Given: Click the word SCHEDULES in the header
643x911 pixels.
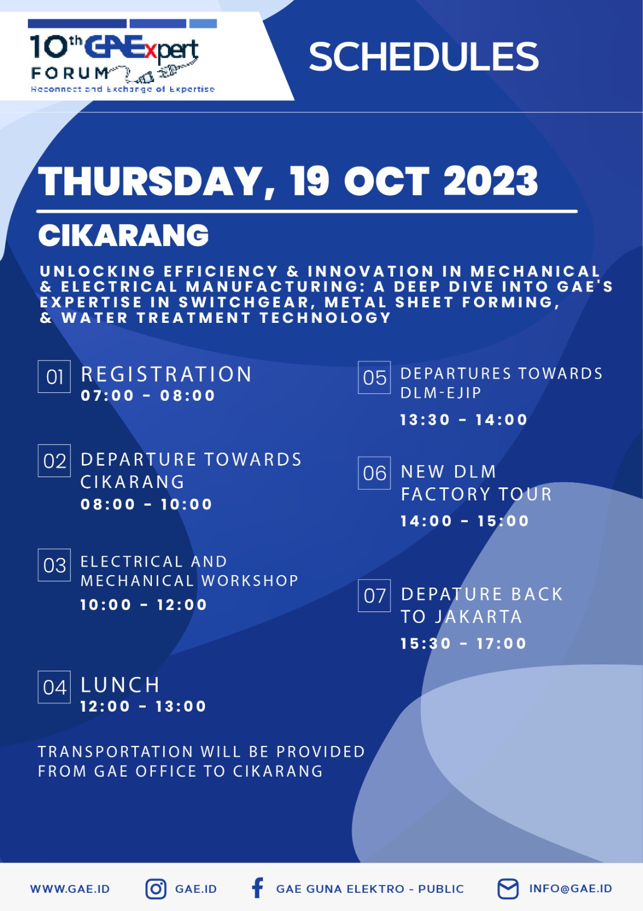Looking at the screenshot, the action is pos(423,56).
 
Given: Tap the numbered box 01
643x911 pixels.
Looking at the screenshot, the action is pos(54,376).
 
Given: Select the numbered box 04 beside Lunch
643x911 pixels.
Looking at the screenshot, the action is pos(54,687).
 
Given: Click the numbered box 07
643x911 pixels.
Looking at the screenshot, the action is pos(374,596).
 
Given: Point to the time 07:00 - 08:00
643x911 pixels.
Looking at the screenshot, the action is pos(148,395).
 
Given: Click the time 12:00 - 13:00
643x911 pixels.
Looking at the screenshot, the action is pos(143,706).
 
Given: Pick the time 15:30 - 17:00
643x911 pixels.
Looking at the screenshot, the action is pos(463,643).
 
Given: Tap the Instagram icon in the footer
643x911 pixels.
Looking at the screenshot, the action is pos(156,889).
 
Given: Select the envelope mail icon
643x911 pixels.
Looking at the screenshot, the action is pos(508,889).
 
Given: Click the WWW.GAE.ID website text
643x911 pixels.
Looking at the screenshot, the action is pos(70,889).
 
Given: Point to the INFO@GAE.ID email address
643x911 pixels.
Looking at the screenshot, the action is pos(571,889).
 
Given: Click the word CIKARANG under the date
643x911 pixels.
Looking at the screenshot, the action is pos(123,236).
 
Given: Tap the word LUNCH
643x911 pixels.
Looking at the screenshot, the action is pos(120,685).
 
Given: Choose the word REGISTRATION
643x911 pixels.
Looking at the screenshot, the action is pos(166,374).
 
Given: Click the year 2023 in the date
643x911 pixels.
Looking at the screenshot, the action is pos(491,181).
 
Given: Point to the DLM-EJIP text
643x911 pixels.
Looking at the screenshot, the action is pos(441,393).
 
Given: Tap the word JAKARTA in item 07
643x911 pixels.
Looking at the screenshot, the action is pos(479,617).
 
